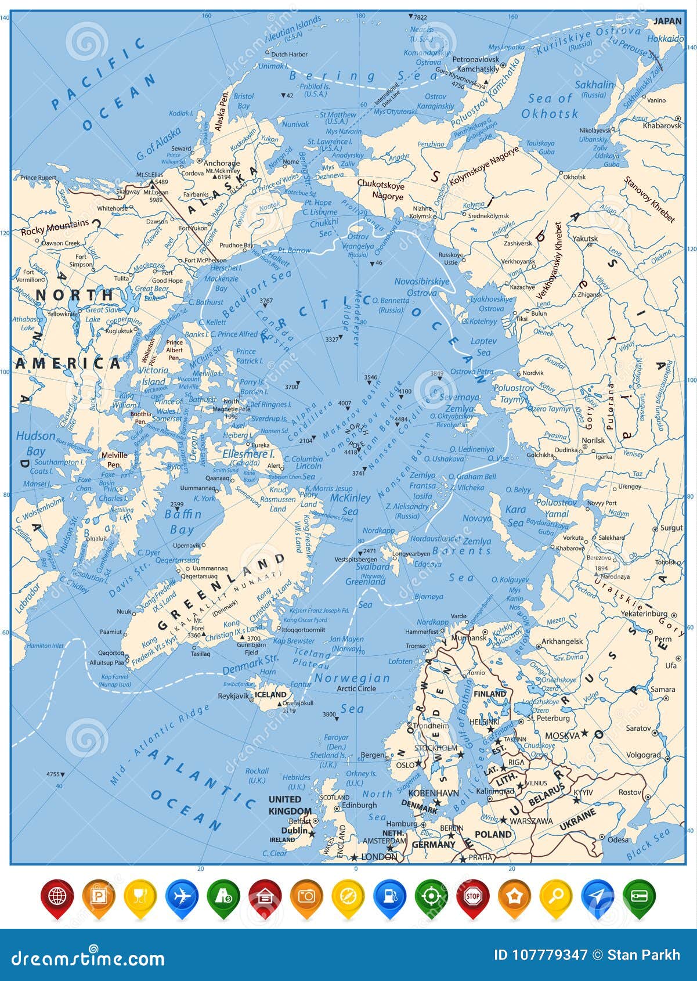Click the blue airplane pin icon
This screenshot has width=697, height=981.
[x=182, y=897]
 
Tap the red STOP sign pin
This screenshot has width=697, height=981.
[x=472, y=897]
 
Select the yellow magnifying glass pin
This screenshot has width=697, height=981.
[x=555, y=897]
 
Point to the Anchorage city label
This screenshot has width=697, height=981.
[x=222, y=164]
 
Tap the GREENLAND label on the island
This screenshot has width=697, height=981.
[x=221, y=592]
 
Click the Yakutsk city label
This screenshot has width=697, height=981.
[x=585, y=239]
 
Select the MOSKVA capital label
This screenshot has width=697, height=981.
[x=562, y=735]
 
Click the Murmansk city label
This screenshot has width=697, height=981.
[x=468, y=637]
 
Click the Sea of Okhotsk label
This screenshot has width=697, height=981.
[x=550, y=106]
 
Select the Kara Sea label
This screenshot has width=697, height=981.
[x=515, y=515]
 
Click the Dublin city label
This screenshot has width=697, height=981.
[x=294, y=831]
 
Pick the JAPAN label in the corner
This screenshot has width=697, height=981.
[x=667, y=21]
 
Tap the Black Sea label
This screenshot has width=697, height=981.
[x=648, y=845]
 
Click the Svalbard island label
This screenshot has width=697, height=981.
[x=373, y=567]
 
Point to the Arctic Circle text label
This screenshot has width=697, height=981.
[x=356, y=688]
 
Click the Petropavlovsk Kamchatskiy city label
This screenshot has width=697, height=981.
[x=475, y=64]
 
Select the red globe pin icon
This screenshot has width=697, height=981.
[x=57, y=897]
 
